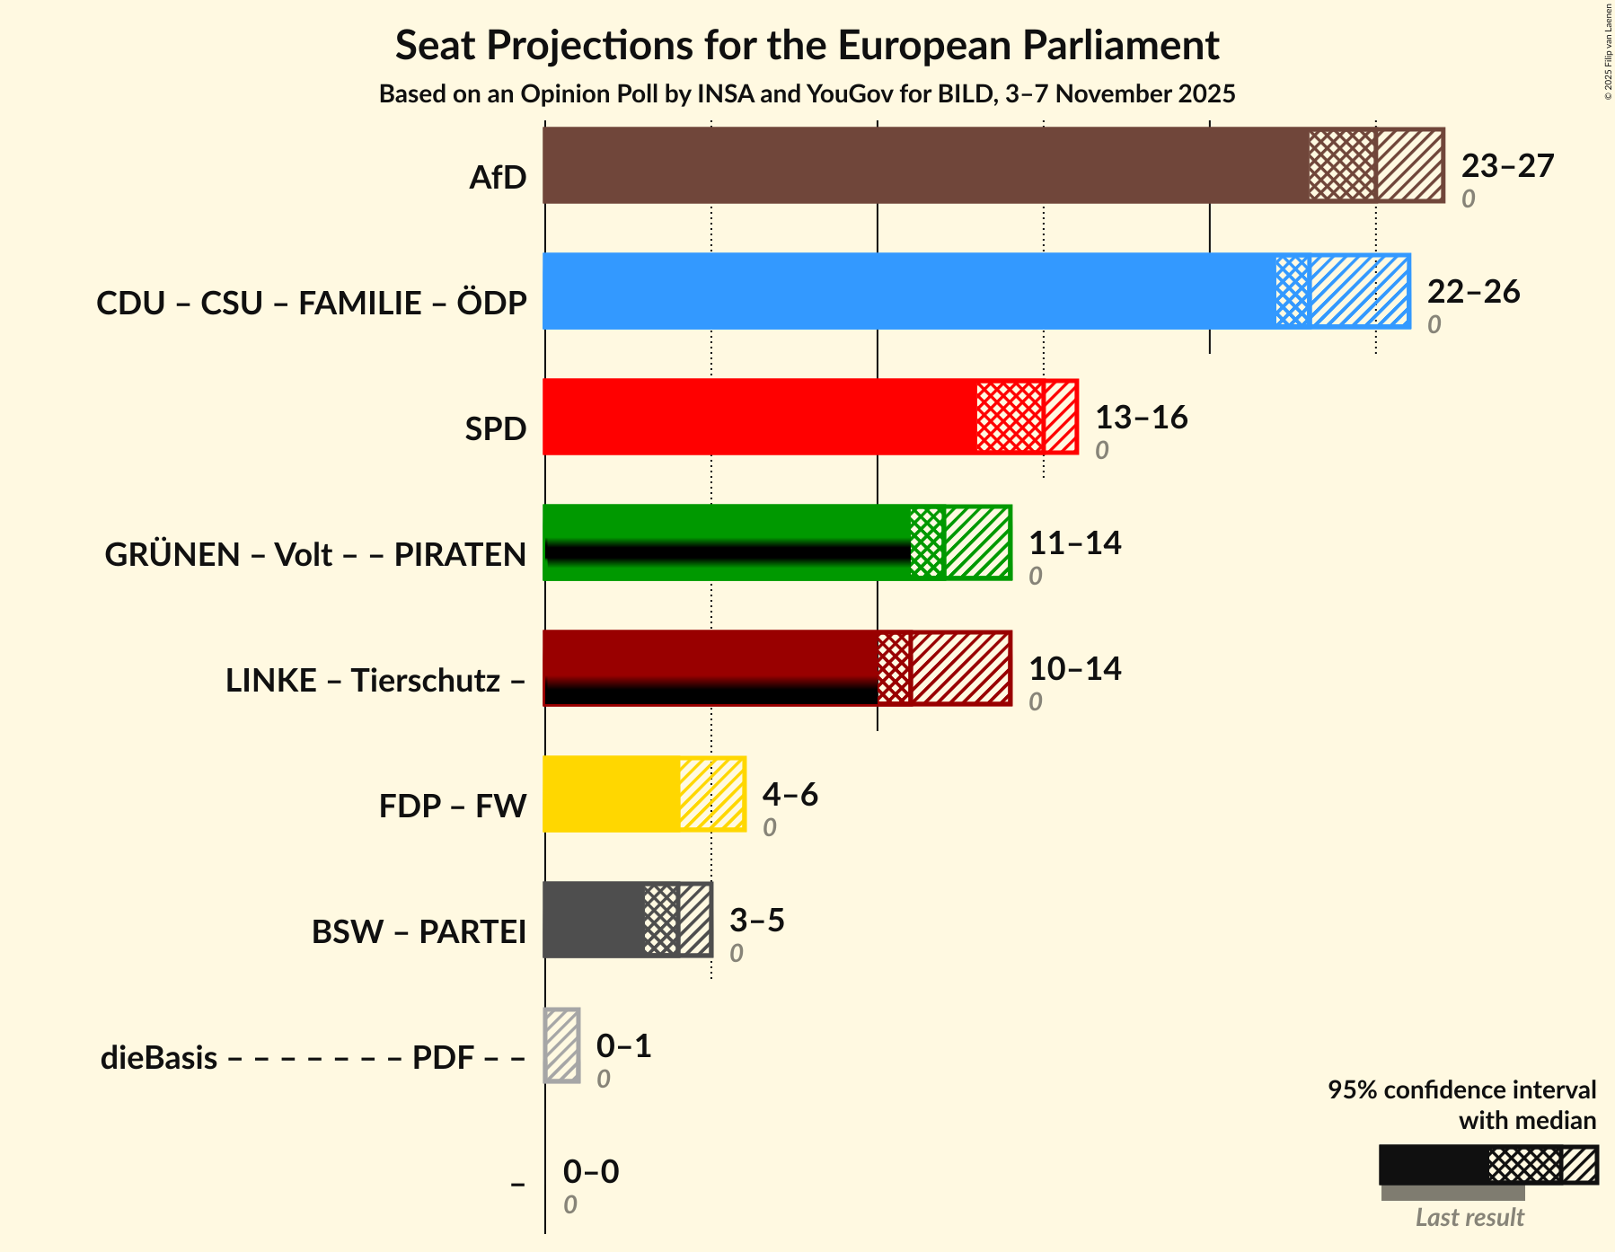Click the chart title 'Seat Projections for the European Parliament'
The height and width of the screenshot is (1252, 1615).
pos(807,45)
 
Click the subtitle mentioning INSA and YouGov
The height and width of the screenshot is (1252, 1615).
pos(807,94)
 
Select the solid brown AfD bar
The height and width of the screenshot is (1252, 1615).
pos(925,165)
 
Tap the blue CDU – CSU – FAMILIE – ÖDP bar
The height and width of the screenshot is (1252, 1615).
pos(907,291)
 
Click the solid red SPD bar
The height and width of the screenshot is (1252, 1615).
pos(759,417)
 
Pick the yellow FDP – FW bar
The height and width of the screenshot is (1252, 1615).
pos(611,794)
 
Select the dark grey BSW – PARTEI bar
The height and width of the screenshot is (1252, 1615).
pos(593,920)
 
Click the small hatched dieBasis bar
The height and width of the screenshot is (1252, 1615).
pos(562,1045)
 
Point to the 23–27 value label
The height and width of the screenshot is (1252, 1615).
pos(1507,166)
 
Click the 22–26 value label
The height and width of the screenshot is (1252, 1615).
pos(1473,292)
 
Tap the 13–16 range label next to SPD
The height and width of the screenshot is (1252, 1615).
pos(1141,418)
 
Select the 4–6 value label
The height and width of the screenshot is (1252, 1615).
pos(790,795)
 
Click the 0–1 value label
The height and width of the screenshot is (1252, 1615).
pos(623,1046)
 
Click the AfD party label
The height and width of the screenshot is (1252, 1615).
pos(498,178)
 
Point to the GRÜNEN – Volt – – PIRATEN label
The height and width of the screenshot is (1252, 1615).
pos(315,555)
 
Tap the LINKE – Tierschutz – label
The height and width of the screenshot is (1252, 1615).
pos(375,681)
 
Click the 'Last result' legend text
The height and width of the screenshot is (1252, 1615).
pos(1469,1218)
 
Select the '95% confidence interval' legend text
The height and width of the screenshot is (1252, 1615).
pos(1461,1090)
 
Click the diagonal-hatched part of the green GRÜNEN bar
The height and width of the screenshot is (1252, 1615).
pos(977,542)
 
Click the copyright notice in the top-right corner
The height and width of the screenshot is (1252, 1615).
pos(1608,51)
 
